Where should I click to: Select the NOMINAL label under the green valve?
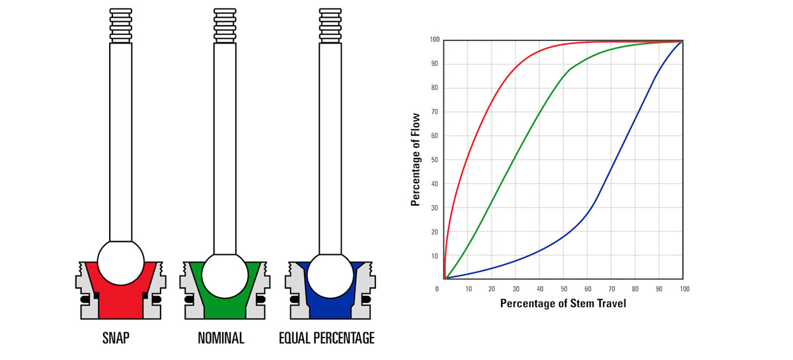pyautogui.click(x=221, y=339)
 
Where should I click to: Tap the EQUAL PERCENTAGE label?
pyautogui.click(x=326, y=339)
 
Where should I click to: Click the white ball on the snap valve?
pyautogui.click(x=120, y=263)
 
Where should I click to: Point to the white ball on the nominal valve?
pyautogui.click(x=225, y=276)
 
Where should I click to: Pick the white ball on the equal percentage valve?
pyautogui.click(x=330, y=276)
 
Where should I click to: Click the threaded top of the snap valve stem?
pyautogui.click(x=120, y=25)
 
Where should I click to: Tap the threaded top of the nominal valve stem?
pyautogui.click(x=225, y=25)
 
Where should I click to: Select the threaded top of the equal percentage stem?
pyautogui.click(x=330, y=25)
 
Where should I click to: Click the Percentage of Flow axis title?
pyautogui.click(x=416, y=159)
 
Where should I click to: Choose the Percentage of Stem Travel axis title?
pyautogui.click(x=562, y=303)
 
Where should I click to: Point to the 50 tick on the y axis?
pyautogui.click(x=434, y=160)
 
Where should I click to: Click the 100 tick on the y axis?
pyautogui.click(x=433, y=40)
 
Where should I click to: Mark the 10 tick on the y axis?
pyautogui.click(x=434, y=256)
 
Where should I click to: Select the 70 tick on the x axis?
pyautogui.click(x=612, y=289)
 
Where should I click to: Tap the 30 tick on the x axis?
pyautogui.click(x=516, y=289)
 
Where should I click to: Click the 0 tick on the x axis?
pyautogui.click(x=437, y=289)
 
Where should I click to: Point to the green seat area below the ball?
pyautogui.click(x=225, y=307)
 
